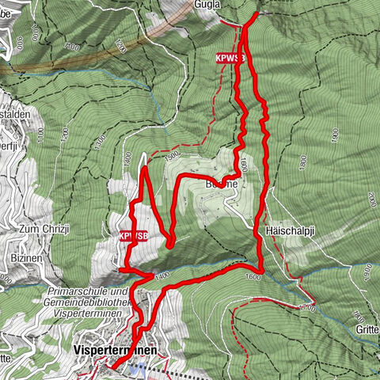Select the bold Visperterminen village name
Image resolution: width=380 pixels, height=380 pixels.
pos(116,348)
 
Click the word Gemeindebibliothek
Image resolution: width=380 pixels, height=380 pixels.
pos(88,302)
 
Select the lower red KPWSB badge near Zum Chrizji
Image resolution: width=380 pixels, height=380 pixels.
pos(134,236)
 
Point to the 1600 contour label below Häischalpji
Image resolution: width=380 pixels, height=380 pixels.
pos(253,277)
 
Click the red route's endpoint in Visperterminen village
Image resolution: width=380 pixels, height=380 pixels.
pos(111,367)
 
